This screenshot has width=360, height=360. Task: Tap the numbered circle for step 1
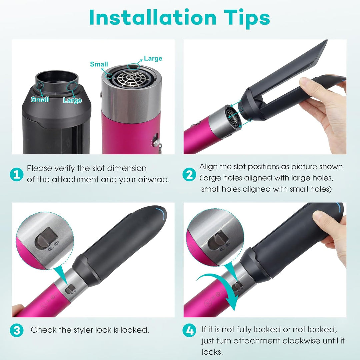(16, 174)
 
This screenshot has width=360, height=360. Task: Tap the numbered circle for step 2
(189, 174)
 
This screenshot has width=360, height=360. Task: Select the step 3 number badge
(16, 330)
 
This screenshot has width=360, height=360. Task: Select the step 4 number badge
(189, 330)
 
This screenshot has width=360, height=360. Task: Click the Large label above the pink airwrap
(153, 59)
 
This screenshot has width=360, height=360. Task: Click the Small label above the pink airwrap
(99, 64)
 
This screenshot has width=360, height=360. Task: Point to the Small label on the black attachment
(40, 99)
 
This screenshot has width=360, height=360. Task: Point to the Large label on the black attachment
(72, 100)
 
